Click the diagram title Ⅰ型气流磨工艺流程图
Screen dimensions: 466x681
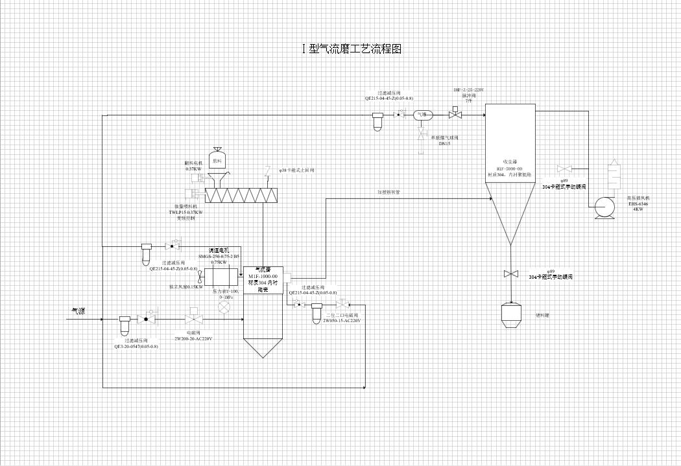[x=352, y=49]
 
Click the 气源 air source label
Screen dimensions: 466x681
[x=78, y=312]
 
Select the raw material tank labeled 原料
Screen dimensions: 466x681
[x=217, y=159]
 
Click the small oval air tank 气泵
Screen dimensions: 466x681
[x=422, y=115]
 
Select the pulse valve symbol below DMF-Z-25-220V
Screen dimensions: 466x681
[x=455, y=115]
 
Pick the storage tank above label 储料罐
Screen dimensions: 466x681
[x=512, y=314]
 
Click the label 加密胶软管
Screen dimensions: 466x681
[x=389, y=192]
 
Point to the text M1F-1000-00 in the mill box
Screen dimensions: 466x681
[x=263, y=277]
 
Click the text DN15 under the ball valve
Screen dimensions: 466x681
[x=445, y=143]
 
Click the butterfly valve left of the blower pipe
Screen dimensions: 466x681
[x=564, y=169]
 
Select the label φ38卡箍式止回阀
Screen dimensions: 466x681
[x=297, y=170]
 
